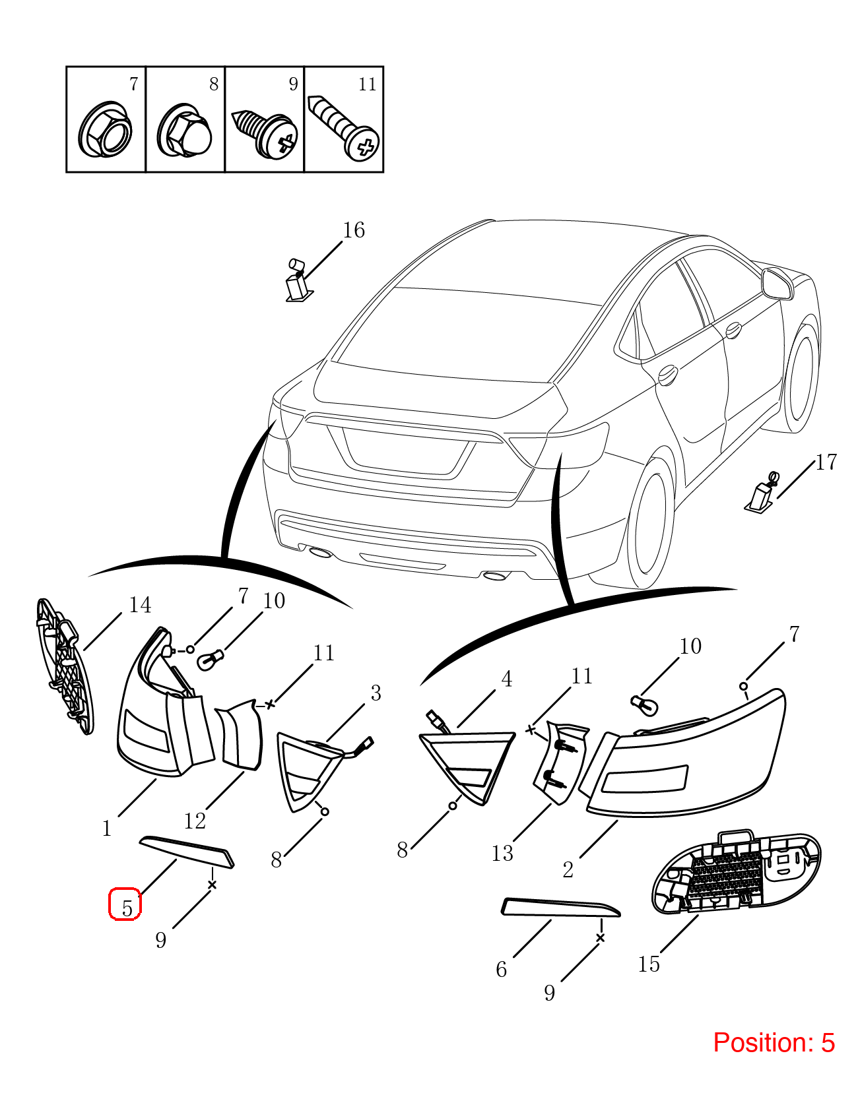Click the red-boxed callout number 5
pos(126,908)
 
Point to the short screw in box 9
pos(265,133)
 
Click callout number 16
pos(354,230)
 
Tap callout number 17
pos(826,462)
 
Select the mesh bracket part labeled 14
pos(65,667)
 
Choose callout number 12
pos(195,821)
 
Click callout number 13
pos(502,853)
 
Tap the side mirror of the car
pos(777,285)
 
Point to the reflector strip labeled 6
pos(560,907)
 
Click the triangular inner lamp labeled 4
pos(467,767)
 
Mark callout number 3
pos(376,693)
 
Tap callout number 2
pos(568,869)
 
